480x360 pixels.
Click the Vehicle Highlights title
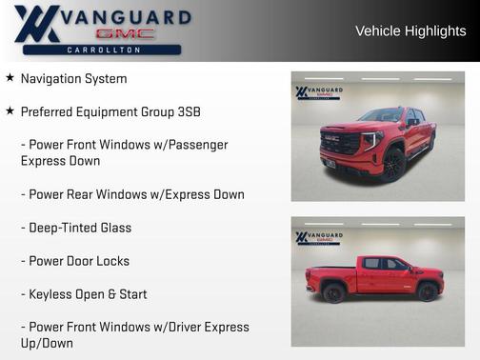pyautogui.click(x=410, y=31)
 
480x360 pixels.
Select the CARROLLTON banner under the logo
pyautogui.click(x=104, y=50)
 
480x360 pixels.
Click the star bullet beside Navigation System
pyautogui.click(x=10, y=78)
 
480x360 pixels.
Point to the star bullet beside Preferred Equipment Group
pyautogui.click(x=10, y=111)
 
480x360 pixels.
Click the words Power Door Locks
pyautogui.click(x=79, y=261)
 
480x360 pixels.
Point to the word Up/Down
pyautogui.click(x=46, y=343)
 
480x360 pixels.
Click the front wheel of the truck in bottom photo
pyautogui.click(x=427, y=291)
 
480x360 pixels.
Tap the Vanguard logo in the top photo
pyautogui.click(x=319, y=93)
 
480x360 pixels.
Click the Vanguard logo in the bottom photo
pyautogui.click(x=319, y=237)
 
